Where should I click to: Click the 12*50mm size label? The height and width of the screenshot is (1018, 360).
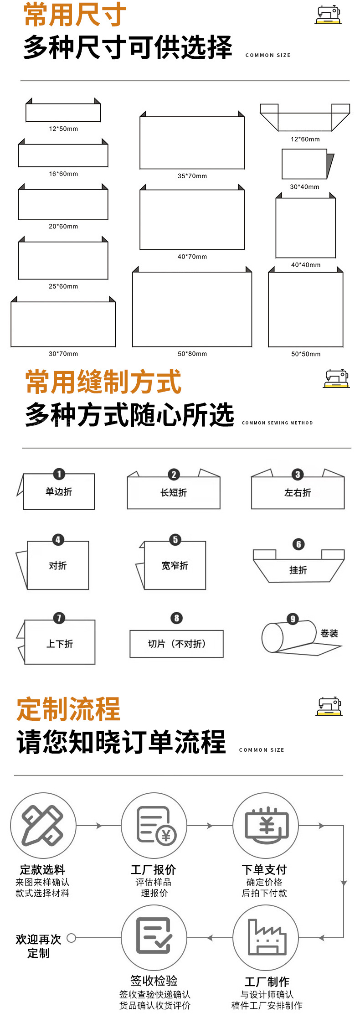click(63, 129)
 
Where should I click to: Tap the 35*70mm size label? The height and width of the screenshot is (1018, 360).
click(192, 176)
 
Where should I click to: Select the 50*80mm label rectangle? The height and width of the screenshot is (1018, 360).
click(192, 309)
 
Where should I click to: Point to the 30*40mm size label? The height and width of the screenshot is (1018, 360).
click(304, 186)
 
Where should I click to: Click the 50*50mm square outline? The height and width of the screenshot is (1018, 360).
click(305, 310)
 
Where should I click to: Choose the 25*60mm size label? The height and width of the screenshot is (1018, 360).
click(63, 286)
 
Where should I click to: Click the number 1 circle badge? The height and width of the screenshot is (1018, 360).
click(59, 474)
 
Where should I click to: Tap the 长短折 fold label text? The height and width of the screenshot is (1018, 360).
click(174, 492)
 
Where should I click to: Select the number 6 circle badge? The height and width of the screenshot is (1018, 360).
click(298, 544)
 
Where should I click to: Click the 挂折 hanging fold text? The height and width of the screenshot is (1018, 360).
click(298, 570)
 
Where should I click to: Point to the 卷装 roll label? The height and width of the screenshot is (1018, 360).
click(329, 633)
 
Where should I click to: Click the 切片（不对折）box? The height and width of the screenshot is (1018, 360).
click(176, 644)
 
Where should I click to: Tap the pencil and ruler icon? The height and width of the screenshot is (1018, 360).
click(43, 826)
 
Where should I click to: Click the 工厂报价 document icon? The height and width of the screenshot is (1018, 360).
click(154, 826)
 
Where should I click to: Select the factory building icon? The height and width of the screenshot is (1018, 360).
click(266, 938)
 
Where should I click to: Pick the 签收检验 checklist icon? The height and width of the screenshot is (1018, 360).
click(154, 938)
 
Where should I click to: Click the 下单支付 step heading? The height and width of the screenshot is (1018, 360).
click(264, 869)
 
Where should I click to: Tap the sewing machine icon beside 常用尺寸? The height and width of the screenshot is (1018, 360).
click(328, 15)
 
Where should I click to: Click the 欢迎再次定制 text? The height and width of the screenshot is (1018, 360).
click(38, 946)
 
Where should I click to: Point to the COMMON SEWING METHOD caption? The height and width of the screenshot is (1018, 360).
click(277, 423)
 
